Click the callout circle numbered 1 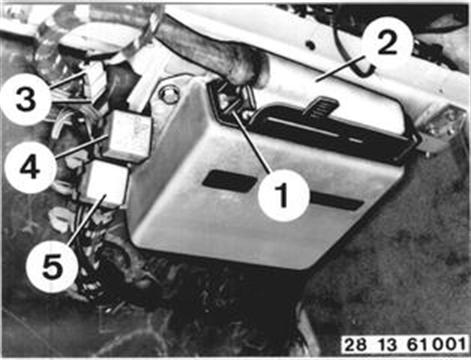click(284, 195)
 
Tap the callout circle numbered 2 click(387, 45)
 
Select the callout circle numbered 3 click(26, 100)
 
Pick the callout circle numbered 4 click(30, 167)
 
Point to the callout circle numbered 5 click(52, 268)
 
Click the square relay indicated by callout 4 click(127, 136)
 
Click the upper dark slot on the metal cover click(230, 181)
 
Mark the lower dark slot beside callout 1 click(336, 200)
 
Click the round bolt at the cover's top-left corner click(169, 95)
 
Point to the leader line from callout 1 click(253, 142)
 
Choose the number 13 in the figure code click(387, 345)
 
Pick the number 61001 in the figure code click(436, 345)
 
